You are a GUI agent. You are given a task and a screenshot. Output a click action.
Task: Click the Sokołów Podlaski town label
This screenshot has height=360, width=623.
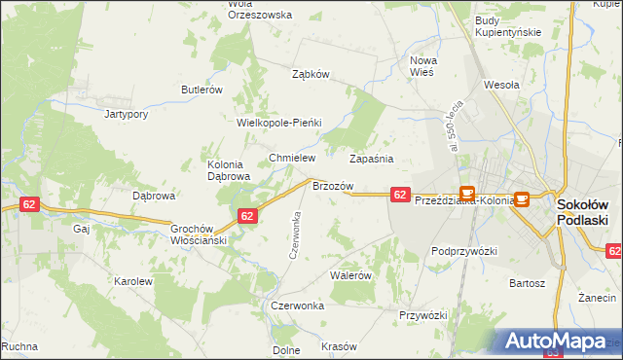pos(582,212)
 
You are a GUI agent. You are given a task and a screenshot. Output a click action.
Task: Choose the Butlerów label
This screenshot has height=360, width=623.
pos(202,90)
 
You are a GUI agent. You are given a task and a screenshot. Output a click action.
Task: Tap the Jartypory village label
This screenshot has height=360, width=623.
pos(126,114)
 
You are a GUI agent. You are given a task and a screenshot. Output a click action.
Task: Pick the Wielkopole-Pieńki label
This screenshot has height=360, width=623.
pos(278,124)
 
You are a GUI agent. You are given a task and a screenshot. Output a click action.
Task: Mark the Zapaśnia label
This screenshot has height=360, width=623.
pos(371,157)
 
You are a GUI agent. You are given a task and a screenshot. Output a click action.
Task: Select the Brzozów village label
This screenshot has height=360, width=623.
pos(331,185)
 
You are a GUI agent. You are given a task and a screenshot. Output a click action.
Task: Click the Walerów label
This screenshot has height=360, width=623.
pos(351,275)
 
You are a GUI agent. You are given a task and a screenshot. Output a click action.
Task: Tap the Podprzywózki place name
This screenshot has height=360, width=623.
pos(464,251)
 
